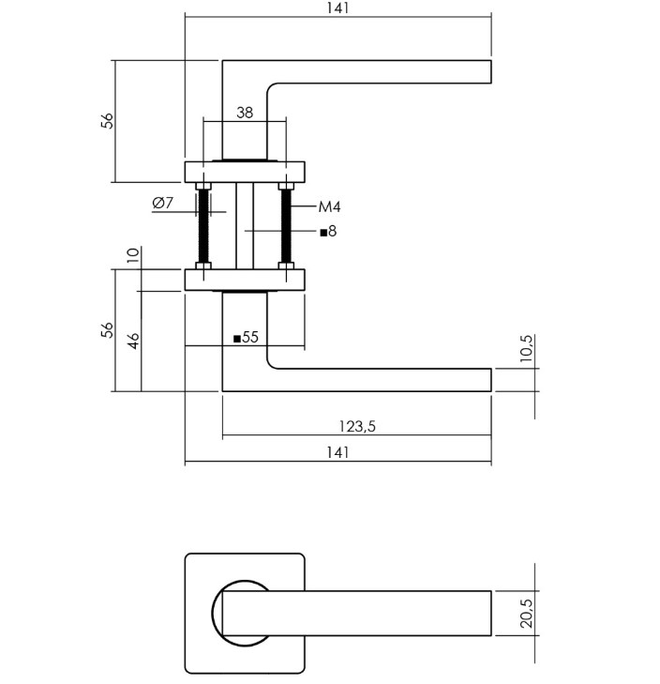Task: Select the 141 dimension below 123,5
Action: (338, 452)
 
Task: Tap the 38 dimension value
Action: (245, 113)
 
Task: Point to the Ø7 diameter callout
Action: (162, 203)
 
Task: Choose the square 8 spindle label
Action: (328, 231)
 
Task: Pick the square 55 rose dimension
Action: (245, 337)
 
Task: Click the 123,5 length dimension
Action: (356, 426)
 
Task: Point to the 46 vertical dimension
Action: (133, 341)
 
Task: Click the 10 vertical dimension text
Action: (133, 254)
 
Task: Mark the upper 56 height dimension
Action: (108, 120)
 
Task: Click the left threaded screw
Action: (202, 226)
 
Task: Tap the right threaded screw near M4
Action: (286, 226)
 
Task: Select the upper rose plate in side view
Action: (245, 172)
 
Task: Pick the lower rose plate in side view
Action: (245, 280)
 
